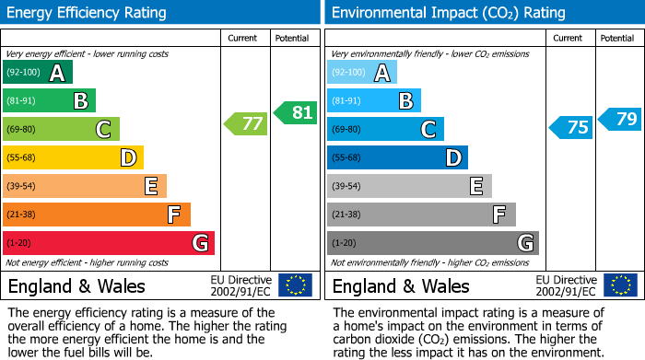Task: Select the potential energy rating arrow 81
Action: point(296,113)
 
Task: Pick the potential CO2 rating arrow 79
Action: point(620,118)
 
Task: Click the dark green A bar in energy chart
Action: point(38,73)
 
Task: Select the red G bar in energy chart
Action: point(109,243)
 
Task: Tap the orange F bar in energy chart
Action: point(97,215)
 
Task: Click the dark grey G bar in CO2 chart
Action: point(432,243)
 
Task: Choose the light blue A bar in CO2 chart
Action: point(362,73)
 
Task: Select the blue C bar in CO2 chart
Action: point(385,129)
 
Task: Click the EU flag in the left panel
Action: point(295,285)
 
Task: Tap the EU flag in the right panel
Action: point(620,285)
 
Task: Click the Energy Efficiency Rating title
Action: point(88,13)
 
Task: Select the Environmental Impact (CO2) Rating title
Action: point(448,13)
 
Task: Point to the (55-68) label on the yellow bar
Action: point(23,158)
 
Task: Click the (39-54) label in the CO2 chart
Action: point(347,187)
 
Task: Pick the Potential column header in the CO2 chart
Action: point(617,38)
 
